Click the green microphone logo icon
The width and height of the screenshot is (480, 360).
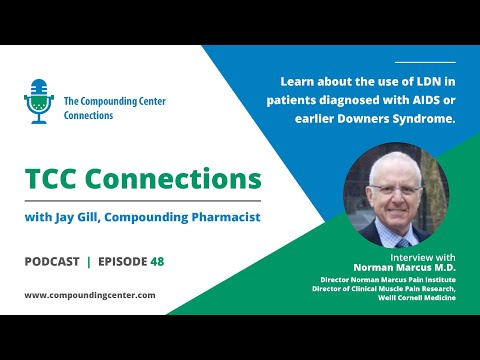point(39,101)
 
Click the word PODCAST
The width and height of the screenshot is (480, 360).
point(52,261)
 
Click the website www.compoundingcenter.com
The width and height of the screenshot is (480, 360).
point(89,295)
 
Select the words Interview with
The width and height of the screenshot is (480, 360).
point(412,257)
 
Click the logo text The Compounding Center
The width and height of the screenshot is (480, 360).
point(114,101)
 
